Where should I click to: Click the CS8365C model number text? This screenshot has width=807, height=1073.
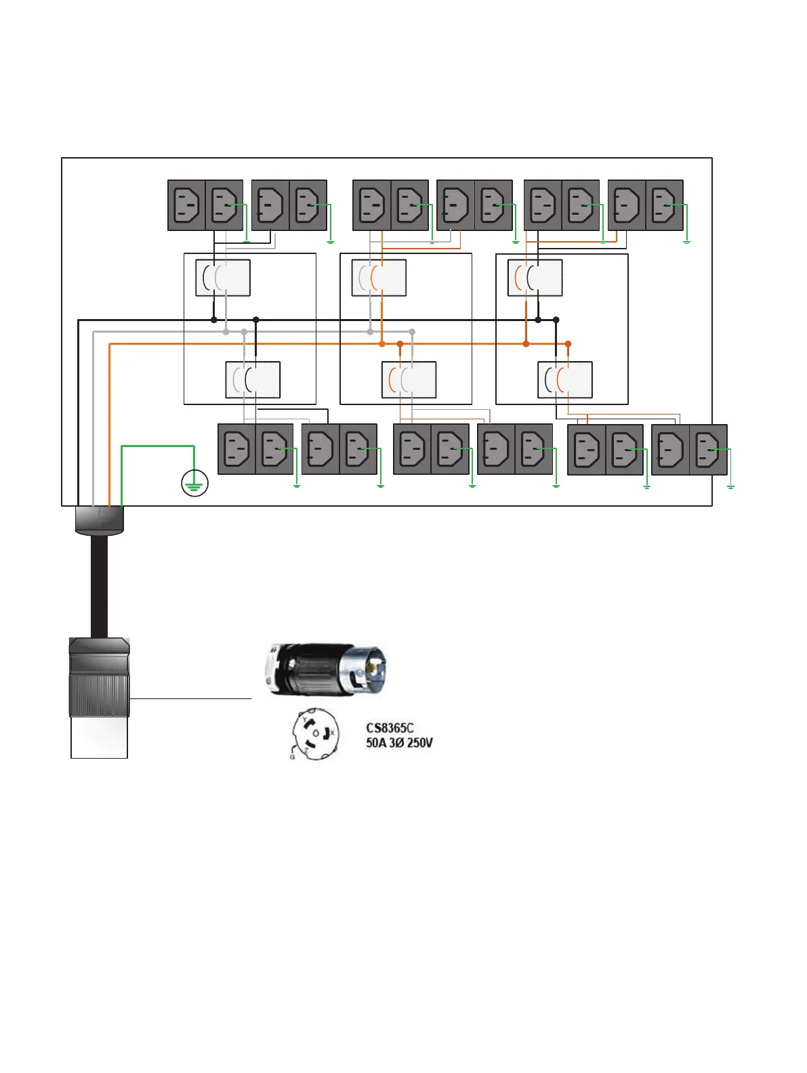(390, 728)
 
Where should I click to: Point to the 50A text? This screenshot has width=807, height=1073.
(376, 742)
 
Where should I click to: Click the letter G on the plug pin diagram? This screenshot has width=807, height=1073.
(292, 757)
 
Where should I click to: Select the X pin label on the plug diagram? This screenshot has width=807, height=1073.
(332, 733)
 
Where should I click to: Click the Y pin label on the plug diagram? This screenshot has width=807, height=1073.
(304, 719)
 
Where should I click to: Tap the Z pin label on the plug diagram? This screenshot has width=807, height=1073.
(306, 751)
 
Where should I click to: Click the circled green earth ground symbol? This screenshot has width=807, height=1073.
(194, 484)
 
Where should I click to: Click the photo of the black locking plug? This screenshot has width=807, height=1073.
(325, 669)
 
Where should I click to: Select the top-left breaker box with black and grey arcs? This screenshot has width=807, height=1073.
(223, 278)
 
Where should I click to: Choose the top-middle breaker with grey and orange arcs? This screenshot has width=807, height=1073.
(379, 278)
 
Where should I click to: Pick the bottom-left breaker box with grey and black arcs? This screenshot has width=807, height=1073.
(253, 380)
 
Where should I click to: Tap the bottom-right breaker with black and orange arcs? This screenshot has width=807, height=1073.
(565, 380)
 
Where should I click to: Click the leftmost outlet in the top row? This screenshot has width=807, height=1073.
(186, 205)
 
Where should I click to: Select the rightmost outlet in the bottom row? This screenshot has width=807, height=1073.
(708, 449)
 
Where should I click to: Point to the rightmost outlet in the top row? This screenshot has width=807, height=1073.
(664, 205)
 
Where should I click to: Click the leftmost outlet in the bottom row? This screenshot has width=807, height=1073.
(236, 449)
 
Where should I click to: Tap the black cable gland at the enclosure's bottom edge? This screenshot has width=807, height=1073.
(99, 520)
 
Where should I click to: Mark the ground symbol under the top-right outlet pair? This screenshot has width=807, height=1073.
(686, 241)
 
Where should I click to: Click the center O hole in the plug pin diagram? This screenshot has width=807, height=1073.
(316, 734)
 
